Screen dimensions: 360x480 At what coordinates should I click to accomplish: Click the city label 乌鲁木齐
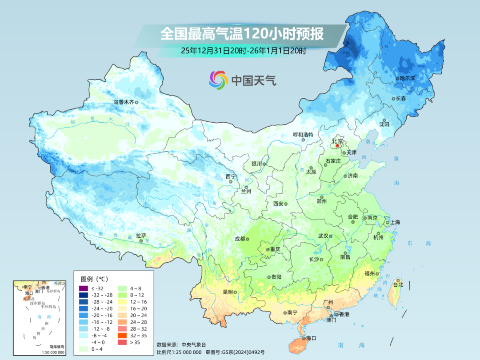point(123,102)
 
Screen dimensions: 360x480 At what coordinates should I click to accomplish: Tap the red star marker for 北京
point(337,146)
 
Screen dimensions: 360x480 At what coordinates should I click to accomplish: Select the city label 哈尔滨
point(407,78)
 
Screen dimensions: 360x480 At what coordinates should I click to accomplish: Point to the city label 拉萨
point(141,236)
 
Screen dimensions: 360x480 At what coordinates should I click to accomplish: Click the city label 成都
point(240,239)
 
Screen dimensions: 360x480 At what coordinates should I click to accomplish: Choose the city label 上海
point(396,222)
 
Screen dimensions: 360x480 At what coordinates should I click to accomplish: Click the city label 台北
point(398,284)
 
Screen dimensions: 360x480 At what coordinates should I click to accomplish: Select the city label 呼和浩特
point(303,135)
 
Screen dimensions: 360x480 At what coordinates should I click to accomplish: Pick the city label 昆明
point(228,292)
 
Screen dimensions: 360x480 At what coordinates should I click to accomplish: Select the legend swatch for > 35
point(121,342)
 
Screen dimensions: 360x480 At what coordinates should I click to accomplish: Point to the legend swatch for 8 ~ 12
point(121,295)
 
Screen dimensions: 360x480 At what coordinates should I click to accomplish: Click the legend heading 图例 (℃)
point(94,279)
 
